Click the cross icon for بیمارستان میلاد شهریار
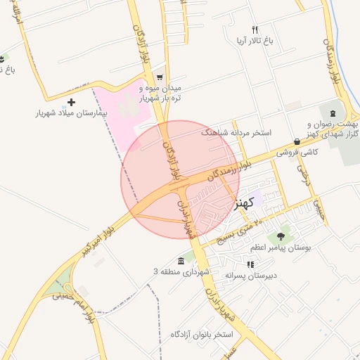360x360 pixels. [x=71, y=103]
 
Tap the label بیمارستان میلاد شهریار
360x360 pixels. [x=72, y=113]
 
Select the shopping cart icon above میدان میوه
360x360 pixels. [x=160, y=78]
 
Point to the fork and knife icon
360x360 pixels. [x=255, y=30]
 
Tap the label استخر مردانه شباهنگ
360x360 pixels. [x=236, y=132]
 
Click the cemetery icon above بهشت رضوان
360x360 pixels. [x=333, y=113]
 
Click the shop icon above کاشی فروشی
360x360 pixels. [x=297, y=141]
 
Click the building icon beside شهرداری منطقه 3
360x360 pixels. [x=181, y=262]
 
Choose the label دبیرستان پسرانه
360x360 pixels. [x=251, y=276]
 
